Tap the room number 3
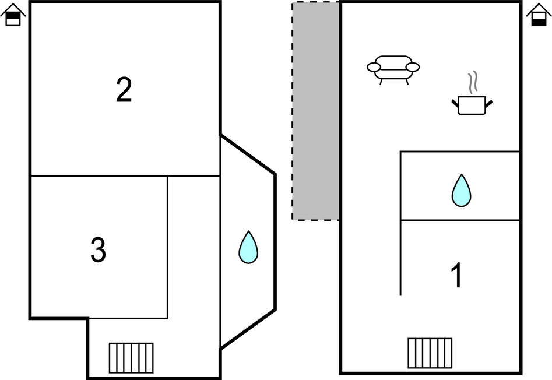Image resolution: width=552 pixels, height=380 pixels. pyautogui.click(x=99, y=250)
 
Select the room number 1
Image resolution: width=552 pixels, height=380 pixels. pyautogui.click(x=458, y=275)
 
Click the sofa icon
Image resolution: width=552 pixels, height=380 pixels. pyautogui.click(x=393, y=69)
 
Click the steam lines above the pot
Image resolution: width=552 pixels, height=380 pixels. pyautogui.click(x=474, y=82)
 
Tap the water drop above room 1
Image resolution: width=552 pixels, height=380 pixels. pyautogui.click(x=461, y=190)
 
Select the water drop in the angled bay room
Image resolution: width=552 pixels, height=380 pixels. pyautogui.click(x=248, y=247)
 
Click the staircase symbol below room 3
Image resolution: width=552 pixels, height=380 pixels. pyautogui.click(x=131, y=357)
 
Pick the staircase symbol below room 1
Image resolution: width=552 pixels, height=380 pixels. pyautogui.click(x=430, y=353)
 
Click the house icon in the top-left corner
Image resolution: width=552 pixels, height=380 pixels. pyautogui.click(x=13, y=16)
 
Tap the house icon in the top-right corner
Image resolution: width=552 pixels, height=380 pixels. pyautogui.click(x=539, y=16)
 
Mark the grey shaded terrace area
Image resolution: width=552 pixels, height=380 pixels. pyautogui.click(x=315, y=111)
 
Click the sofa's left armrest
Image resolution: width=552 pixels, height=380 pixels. pyautogui.click(x=374, y=67)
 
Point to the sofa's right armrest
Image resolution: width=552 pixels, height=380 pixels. pyautogui.click(x=413, y=67)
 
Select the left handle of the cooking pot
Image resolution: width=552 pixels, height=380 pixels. pyautogui.click(x=455, y=103)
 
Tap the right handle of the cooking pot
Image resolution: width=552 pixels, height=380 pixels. pyautogui.click(x=488, y=103)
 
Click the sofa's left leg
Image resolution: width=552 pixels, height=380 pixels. pyautogui.click(x=381, y=82)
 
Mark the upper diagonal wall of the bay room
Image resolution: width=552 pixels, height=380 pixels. pyautogui.click(x=248, y=154)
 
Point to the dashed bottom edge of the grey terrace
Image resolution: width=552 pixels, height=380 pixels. pyautogui.click(x=315, y=220)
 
